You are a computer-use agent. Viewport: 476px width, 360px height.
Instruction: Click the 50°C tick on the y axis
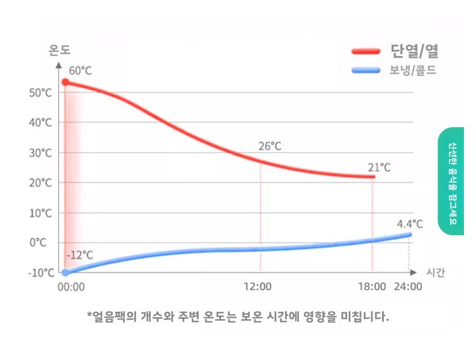pos(40,92)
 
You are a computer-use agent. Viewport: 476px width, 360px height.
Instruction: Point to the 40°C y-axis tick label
pos(40,122)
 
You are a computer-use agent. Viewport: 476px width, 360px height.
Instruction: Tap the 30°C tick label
pos(40,153)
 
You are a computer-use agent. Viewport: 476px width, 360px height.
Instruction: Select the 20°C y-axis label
pos(40,182)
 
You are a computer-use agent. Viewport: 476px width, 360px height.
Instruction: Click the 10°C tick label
pos(40,212)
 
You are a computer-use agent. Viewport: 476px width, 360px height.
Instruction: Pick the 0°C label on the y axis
pos(38,242)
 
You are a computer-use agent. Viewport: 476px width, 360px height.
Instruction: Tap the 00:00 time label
pos(71,286)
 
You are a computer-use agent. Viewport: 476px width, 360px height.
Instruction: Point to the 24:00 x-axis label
pos(408,286)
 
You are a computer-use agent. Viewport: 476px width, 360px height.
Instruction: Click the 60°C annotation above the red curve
pos(80,71)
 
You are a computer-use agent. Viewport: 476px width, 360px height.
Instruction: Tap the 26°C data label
pos(270,146)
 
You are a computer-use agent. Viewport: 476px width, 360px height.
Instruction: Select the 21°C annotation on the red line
pos(379,167)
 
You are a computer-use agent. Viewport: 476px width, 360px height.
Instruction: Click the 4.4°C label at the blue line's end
pos(410,224)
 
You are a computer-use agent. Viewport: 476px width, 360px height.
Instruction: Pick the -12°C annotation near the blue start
pos(80,255)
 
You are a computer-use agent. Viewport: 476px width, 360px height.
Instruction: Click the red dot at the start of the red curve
pos(66,82)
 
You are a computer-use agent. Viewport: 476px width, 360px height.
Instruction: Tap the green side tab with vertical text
pos(451,181)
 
